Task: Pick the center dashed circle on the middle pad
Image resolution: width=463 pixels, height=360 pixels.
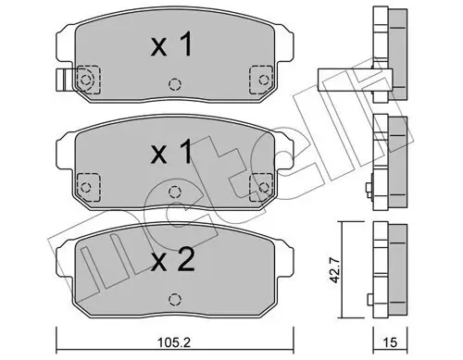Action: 172,190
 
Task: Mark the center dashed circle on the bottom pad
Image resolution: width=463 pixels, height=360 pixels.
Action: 172,298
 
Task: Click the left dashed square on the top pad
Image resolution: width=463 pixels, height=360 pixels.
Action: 85,81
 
